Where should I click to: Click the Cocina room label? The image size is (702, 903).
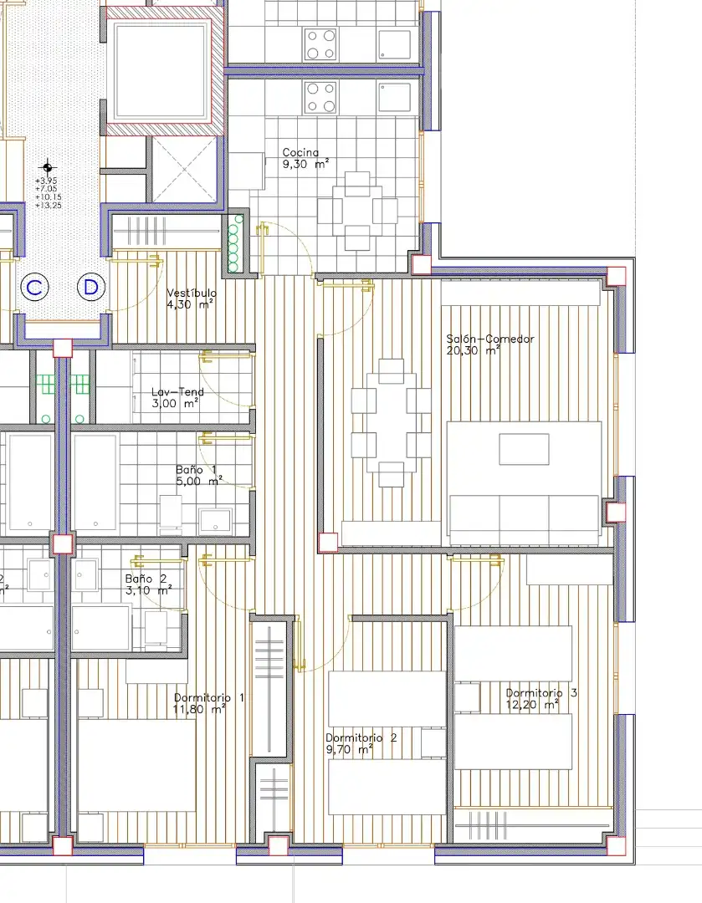click(x=300, y=153)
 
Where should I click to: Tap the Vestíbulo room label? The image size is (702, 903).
click(x=192, y=293)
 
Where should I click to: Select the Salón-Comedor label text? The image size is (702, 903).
click(x=490, y=339)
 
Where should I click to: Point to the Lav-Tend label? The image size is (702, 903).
click(x=177, y=391)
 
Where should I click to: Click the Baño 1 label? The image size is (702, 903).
click(x=197, y=469)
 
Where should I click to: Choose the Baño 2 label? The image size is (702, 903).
click(x=146, y=579)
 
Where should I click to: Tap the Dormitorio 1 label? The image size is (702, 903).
click(x=209, y=697)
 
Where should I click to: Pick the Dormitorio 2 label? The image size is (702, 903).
click(x=361, y=737)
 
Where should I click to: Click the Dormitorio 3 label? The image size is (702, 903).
click(x=541, y=693)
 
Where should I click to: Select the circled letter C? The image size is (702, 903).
click(x=34, y=287)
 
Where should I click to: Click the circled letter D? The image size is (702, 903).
click(x=91, y=287)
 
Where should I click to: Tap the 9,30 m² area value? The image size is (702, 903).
click(x=305, y=164)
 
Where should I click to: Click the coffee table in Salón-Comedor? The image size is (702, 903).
click(x=524, y=449)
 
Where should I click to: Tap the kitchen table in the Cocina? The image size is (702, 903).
click(x=357, y=211)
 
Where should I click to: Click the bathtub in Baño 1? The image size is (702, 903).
click(x=95, y=482)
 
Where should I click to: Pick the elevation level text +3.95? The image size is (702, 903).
click(x=46, y=181)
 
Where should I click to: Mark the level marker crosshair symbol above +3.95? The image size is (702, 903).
click(x=47, y=167)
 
